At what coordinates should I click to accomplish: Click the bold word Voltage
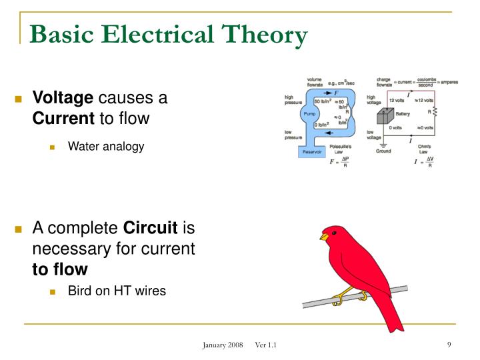(x=63, y=99)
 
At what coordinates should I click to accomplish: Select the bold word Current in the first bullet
(x=64, y=119)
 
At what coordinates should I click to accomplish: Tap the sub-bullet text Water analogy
(x=106, y=146)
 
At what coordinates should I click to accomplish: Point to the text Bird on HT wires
(x=117, y=291)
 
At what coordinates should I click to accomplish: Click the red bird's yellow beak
(x=324, y=237)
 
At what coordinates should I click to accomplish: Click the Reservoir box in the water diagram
(x=312, y=152)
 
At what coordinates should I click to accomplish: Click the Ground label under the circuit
(x=383, y=151)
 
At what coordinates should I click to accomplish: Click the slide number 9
(x=450, y=344)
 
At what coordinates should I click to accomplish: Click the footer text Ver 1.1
(x=266, y=345)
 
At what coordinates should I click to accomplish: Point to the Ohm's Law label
(x=425, y=148)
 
